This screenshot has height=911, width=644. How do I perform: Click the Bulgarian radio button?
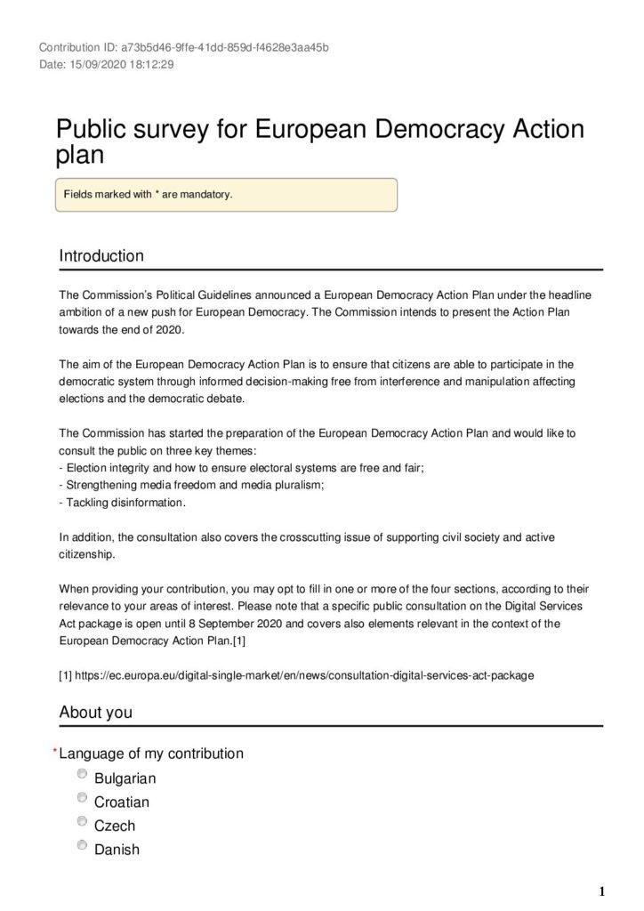pos(83,775)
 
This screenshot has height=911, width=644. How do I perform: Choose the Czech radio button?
pos(83,822)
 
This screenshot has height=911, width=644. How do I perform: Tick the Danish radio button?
pos(83,845)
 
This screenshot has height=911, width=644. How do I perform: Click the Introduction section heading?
pos(101,256)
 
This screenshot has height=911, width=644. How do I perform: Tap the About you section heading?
pos(95,712)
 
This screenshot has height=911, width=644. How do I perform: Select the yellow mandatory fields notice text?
pos(148,194)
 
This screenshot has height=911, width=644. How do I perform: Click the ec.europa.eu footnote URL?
pos(302,674)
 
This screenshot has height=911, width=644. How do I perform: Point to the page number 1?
pos(602,891)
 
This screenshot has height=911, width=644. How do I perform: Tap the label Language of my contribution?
pos(151,754)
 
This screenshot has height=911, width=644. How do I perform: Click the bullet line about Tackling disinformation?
pos(123,503)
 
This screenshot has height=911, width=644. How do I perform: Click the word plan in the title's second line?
pos(80,155)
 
